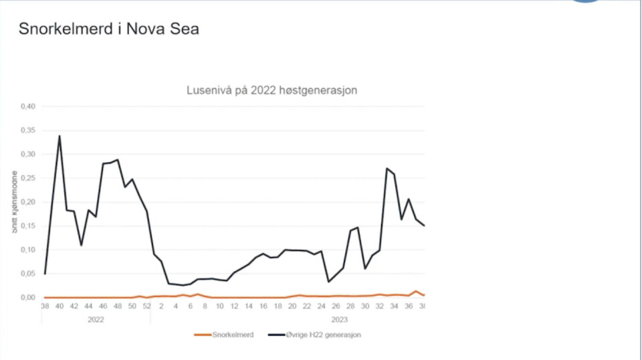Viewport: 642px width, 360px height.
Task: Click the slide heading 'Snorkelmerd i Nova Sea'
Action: [108, 29]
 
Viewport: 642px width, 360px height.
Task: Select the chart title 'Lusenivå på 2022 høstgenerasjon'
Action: [271, 90]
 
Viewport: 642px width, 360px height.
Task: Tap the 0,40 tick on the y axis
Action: [28, 106]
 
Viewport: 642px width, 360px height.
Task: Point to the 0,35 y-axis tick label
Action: [28, 130]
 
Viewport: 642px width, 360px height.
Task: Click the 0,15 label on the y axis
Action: [28, 226]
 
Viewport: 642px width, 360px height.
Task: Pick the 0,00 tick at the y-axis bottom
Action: [28, 298]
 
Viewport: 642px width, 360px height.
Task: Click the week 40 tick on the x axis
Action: [60, 306]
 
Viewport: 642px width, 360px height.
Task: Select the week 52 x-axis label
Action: [146, 306]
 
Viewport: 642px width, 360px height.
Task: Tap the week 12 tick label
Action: [234, 306]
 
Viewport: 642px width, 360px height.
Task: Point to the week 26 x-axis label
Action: [336, 306]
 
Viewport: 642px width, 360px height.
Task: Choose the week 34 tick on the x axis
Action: [395, 306]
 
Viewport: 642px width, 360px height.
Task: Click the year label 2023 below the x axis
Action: [339, 320]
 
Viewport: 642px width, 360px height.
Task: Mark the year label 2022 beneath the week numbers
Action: [96, 320]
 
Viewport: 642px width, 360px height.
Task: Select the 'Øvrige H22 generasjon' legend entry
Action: [314, 335]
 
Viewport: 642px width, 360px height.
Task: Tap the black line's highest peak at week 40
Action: [60, 136]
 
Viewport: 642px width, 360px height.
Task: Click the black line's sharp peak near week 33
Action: [387, 169]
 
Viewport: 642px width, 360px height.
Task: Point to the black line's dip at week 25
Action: [328, 282]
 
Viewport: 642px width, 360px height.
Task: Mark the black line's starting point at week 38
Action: [45, 274]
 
